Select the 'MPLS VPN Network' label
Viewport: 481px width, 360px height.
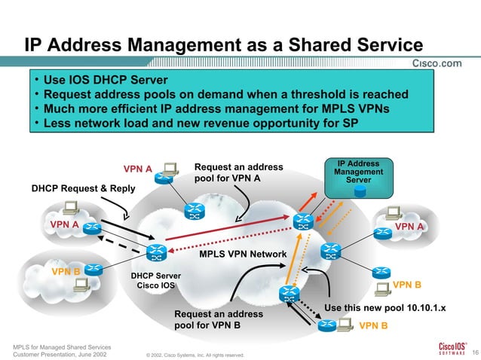pos(242,254)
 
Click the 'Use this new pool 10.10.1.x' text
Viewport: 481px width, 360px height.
pos(384,307)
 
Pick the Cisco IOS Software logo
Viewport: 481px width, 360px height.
pos(452,349)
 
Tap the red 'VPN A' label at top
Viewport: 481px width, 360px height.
pos(138,169)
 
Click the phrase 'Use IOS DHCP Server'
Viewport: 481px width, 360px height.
pos(106,80)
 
